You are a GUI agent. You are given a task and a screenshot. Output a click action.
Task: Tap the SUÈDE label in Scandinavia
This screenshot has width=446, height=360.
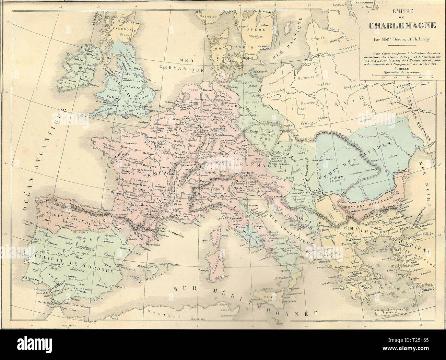[253, 30]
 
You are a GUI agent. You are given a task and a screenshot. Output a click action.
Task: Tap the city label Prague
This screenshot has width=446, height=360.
[254, 132]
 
